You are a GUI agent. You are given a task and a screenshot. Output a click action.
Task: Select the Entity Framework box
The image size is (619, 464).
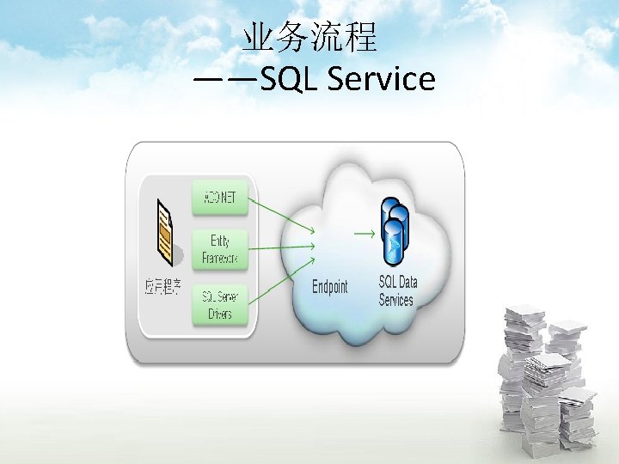(220, 249)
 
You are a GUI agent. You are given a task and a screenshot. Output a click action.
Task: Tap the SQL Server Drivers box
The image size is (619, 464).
(220, 305)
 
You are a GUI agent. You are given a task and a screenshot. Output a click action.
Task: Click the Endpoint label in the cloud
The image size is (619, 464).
(330, 287)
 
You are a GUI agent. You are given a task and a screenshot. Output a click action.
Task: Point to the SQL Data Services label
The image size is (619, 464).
(397, 291)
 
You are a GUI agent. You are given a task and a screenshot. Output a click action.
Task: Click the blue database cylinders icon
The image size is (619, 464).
(395, 230)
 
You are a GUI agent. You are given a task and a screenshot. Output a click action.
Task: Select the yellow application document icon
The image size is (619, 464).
(165, 230)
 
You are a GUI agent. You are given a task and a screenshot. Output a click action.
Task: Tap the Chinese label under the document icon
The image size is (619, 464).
(162, 287)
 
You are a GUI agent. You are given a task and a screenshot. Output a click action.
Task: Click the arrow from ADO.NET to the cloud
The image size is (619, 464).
(280, 215)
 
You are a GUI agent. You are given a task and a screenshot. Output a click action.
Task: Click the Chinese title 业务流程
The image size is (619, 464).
(309, 39)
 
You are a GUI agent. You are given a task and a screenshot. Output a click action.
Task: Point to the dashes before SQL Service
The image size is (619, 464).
(224, 80)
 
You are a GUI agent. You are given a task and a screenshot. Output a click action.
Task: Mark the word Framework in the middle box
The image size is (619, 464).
(220, 258)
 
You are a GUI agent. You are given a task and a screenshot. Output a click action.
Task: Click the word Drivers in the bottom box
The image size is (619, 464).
(220, 314)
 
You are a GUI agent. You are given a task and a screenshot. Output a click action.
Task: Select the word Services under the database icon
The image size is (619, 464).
(396, 300)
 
